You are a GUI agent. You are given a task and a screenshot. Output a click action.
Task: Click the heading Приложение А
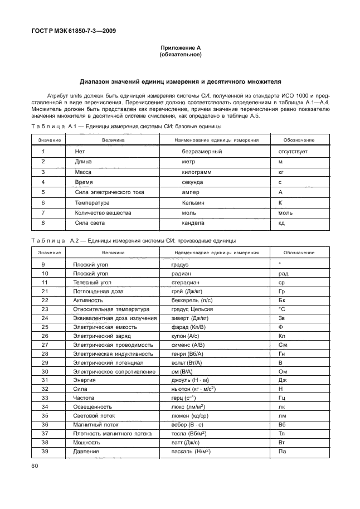180,49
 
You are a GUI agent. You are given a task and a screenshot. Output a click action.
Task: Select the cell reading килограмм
197,172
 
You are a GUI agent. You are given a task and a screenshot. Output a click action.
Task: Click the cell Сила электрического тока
109,192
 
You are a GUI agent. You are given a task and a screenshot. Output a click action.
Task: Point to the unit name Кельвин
193,202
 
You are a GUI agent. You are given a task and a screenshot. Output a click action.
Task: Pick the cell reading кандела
193,223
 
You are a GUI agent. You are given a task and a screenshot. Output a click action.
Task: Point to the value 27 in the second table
45,345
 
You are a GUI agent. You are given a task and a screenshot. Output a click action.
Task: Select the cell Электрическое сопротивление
111,371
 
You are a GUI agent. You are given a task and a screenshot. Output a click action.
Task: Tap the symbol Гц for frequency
282,398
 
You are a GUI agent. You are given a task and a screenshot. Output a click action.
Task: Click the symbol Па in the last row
282,451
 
